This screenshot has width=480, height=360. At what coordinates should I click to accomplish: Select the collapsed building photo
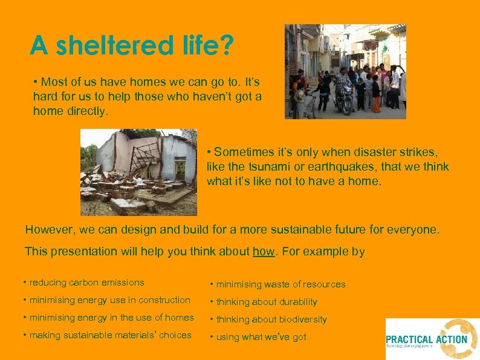[139, 172]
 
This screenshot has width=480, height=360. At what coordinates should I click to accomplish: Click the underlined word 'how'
[264, 251]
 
